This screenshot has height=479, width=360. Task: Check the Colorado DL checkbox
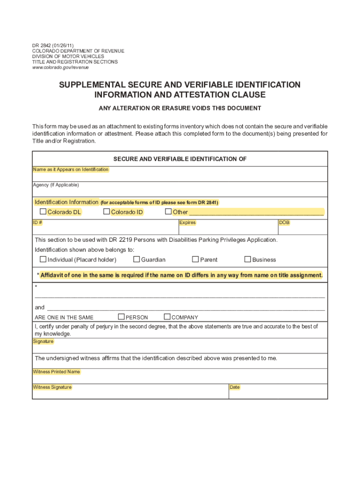tap(43, 212)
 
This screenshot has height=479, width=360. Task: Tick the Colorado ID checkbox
tap(107, 212)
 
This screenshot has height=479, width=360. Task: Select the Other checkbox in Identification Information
tap(168, 212)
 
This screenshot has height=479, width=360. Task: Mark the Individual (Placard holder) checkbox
tap(43, 259)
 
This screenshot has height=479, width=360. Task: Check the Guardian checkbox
tap(137, 259)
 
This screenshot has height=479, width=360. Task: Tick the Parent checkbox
tap(195, 259)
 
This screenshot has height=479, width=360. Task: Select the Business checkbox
tap(248, 259)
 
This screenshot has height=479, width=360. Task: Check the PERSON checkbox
tap(122, 317)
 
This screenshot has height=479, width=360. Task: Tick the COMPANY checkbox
tap(167, 317)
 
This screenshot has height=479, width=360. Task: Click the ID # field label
tap(37, 223)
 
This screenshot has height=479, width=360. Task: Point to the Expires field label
tap(187, 223)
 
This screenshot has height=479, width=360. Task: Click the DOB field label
tap(284, 223)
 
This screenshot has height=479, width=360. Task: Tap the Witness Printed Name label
tap(56, 372)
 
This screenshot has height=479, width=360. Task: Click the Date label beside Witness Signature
tap(234, 387)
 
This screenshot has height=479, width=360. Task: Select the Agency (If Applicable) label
tap(56, 185)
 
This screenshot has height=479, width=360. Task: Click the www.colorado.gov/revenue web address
tap(60, 68)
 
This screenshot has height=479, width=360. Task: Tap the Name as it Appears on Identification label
tap(71, 169)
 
